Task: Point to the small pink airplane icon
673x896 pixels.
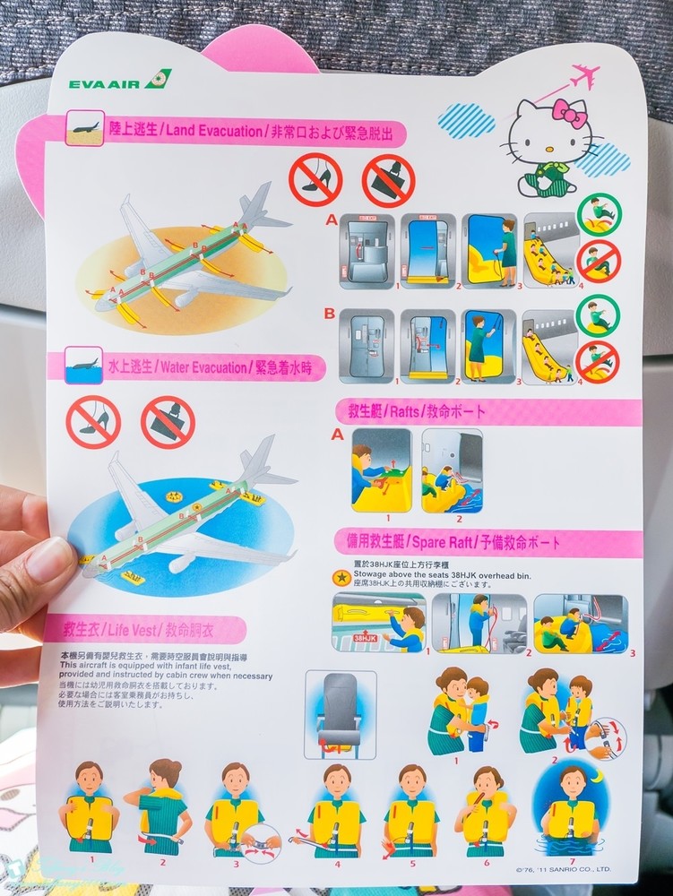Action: pyautogui.click(x=585, y=74)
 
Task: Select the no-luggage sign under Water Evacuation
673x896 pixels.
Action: pyautogui.click(x=168, y=421)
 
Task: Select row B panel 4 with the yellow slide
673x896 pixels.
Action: pyautogui.click(x=547, y=347)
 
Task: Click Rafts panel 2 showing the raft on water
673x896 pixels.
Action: pyautogui.click(x=452, y=471)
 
